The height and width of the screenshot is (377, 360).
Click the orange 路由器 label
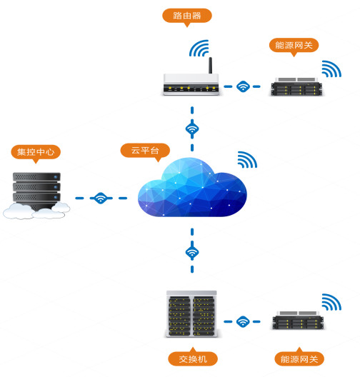point(187,16)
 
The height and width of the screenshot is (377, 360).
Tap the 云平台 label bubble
point(145,151)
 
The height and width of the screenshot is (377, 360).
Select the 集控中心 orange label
point(36,152)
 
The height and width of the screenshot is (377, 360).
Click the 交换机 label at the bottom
point(193,358)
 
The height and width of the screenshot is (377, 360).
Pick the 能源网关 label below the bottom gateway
point(299,358)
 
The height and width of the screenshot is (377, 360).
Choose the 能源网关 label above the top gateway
point(294,45)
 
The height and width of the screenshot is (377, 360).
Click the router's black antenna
point(210,66)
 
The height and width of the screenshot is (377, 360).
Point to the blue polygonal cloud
point(192,187)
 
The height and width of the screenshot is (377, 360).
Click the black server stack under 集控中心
point(36,191)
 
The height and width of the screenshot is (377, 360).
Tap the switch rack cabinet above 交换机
point(191,313)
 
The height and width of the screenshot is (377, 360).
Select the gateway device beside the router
point(296,86)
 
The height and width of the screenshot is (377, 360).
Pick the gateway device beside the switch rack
point(298,320)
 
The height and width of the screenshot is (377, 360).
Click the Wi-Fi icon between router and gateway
point(243,86)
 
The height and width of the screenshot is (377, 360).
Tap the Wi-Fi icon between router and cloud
point(192,129)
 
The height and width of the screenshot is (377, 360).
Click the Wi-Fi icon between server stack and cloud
point(101,198)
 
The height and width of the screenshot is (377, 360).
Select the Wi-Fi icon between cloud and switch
point(192,252)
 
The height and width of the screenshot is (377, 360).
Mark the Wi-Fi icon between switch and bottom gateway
point(243,321)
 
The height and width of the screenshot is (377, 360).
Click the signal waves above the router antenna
point(199,48)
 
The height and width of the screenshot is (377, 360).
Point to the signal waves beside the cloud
point(248,159)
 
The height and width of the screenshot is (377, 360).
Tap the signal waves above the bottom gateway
point(332,302)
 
